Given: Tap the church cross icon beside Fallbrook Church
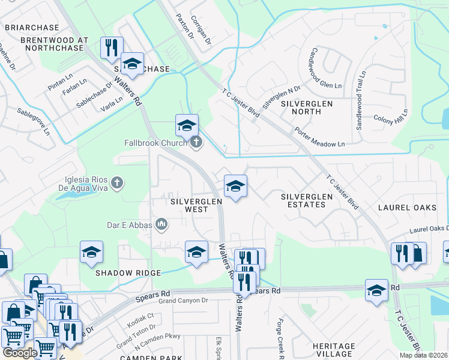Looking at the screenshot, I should pos(196,143).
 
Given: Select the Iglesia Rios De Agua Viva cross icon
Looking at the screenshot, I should pos(118,181).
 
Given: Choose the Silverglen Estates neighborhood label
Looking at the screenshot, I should pos(303,200).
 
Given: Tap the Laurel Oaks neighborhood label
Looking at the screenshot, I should pos(406,208).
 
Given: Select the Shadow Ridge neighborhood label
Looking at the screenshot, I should pos(128,273).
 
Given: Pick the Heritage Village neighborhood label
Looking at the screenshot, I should pos(334,350).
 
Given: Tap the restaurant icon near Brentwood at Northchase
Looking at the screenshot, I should pos(112,48).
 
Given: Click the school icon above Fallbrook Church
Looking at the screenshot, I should pos(187,125).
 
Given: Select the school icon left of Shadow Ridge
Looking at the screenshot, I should pos(91,253).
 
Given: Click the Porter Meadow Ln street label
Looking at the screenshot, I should pos(320,137).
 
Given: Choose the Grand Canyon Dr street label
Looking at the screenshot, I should pos(184,301).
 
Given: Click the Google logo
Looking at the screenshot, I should pos(20,352).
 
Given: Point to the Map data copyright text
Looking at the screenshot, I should pos(423,355).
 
